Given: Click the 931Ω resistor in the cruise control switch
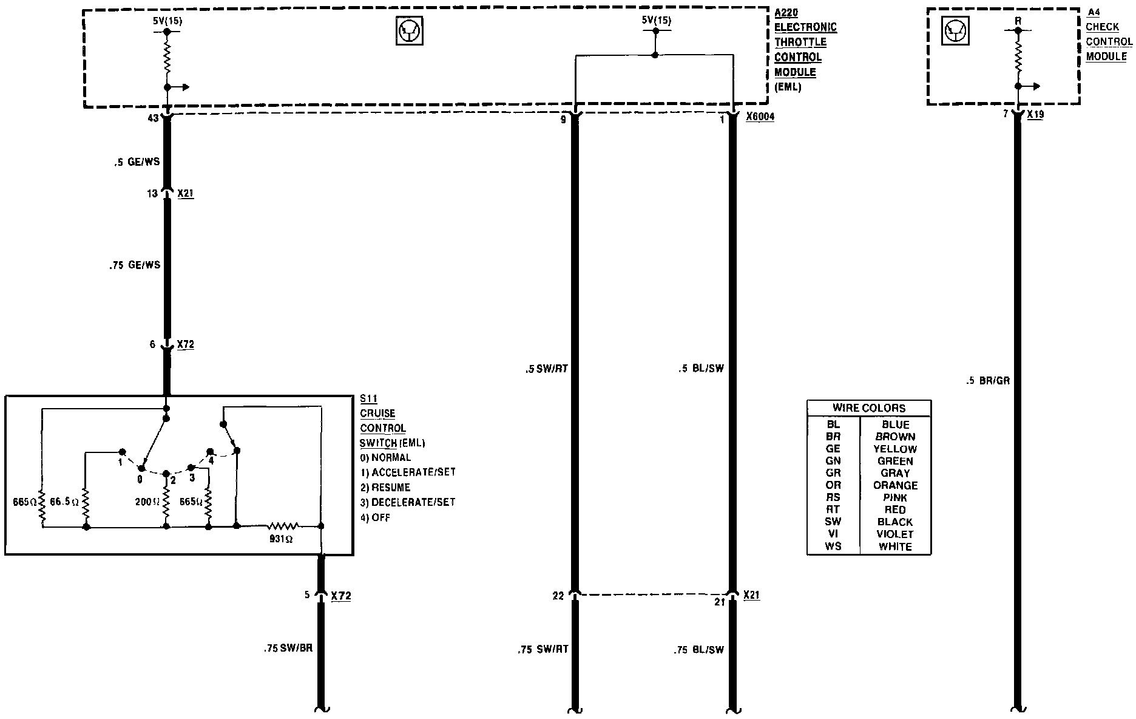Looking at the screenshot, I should pos(283,526).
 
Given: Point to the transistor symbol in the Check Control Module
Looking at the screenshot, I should pos(956,30).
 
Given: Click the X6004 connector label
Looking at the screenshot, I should pos(760,117).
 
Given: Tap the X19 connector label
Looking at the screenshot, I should pos(1035,114).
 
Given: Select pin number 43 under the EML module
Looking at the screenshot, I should pos(153,118).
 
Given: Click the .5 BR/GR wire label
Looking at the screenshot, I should pos(988,381).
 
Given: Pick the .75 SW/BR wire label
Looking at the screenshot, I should pos(288,648).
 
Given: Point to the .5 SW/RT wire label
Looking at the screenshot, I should pos(547,368).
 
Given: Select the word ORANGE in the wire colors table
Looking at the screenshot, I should pos(895,485).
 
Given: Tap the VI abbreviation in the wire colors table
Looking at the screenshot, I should pos(833,534).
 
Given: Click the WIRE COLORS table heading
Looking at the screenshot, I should pos(868,408).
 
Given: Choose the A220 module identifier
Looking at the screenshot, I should pos(786,12).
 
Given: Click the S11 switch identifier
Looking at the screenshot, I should pos(368,399).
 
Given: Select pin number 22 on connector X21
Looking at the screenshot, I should pos(558,596).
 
